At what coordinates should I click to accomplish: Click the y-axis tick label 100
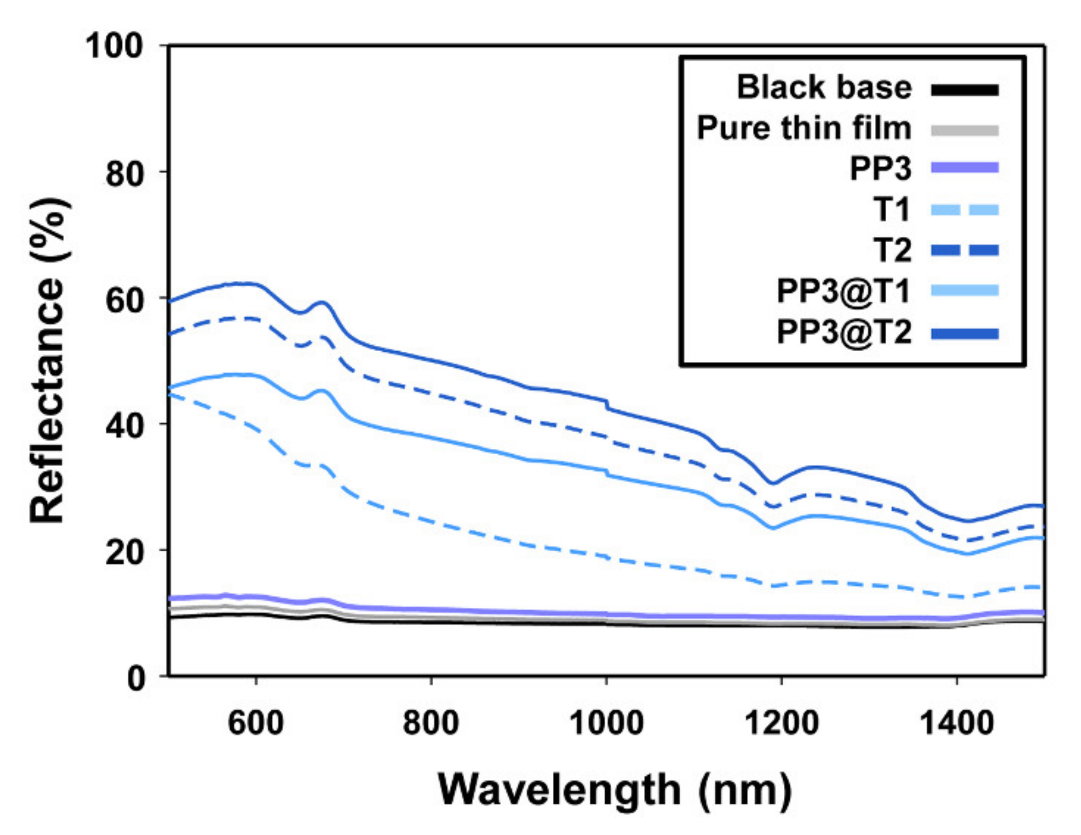[114, 46]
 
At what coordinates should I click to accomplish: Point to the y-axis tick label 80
[124, 174]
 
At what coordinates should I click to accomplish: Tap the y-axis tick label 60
[124, 300]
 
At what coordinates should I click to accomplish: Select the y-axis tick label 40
[124, 426]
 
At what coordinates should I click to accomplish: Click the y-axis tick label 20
[124, 552]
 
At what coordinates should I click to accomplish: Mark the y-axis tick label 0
[136, 678]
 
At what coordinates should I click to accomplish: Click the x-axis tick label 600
[256, 723]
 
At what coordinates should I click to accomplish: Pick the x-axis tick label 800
[430, 723]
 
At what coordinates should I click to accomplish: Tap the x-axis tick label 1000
[606, 723]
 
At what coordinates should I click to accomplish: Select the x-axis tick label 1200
[781, 723]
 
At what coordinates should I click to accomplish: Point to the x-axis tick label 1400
[956, 723]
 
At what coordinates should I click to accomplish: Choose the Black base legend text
[824, 87]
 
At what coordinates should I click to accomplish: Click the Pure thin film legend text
[804, 128]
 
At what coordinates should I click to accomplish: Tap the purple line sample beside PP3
[964, 168]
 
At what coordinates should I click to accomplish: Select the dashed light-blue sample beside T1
[964, 210]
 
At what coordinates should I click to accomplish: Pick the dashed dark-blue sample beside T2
[964, 250]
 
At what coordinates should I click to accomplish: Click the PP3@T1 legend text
[844, 291]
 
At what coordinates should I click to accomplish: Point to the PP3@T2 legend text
[844, 332]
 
